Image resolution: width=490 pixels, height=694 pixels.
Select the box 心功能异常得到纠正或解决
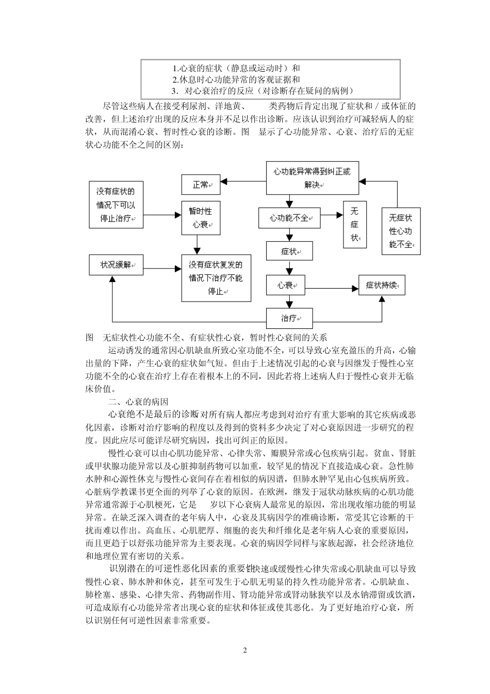(312, 178)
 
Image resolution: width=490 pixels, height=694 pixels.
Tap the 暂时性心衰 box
(200, 218)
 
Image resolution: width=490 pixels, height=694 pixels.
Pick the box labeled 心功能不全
(289, 218)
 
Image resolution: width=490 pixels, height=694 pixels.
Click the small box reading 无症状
(355, 224)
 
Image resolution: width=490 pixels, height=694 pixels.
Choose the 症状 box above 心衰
(289, 251)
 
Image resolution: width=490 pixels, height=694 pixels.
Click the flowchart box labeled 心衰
(285, 285)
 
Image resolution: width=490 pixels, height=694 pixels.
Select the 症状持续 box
(382, 285)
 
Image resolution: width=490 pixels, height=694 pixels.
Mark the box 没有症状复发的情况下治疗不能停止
(216, 278)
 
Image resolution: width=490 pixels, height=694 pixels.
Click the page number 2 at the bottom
(245, 650)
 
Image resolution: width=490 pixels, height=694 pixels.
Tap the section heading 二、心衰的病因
(139, 402)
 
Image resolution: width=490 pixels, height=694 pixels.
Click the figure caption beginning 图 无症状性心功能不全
(206, 337)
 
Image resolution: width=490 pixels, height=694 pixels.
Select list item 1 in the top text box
(237, 68)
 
